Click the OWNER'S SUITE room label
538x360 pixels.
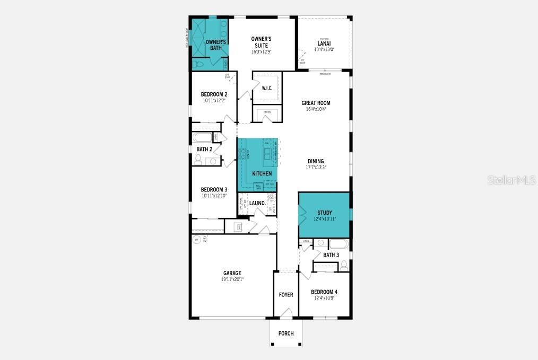pos(261,42)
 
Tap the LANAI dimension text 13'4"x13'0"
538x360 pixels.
pos(324,50)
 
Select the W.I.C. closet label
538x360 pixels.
pos(267,88)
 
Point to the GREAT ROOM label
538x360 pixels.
pos(316,103)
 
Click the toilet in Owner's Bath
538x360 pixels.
pos(197,64)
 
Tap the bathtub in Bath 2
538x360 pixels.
pos(202,138)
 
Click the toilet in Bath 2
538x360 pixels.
pos(198,159)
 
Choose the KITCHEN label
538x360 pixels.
pos(262,174)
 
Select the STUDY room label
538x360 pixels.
pos(324,213)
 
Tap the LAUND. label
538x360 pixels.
pos(257,203)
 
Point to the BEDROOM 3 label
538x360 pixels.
pos(214,190)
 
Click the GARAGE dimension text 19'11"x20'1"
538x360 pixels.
pos(232,279)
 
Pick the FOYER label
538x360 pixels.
pos(286,295)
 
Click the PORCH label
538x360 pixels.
pos(286,333)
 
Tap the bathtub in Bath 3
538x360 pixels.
pos(339,244)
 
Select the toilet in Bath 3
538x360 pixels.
pos(344,264)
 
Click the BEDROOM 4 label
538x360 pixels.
pos(324,292)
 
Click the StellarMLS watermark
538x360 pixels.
pos(511,180)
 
